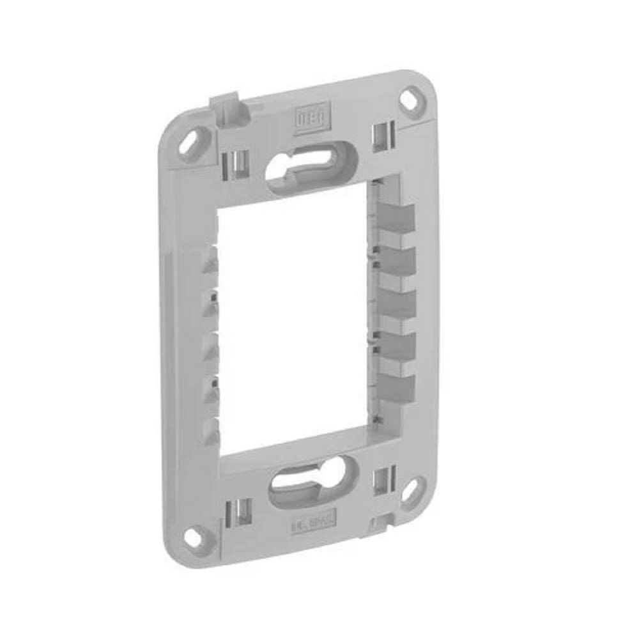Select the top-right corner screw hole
click(412, 101)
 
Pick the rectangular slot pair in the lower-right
click(383, 481)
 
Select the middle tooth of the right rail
click(396, 304)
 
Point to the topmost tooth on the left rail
click(209, 262)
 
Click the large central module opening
click(294, 319)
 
